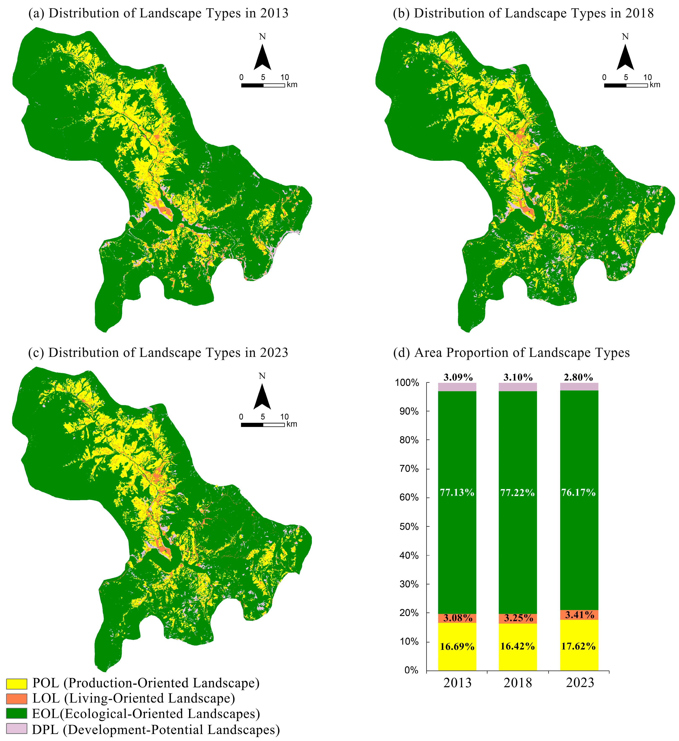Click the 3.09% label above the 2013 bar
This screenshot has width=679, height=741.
[x=458, y=377]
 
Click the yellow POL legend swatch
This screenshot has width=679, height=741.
[x=17, y=684]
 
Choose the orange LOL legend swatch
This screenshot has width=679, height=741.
[x=17, y=699]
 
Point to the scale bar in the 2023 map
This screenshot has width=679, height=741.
[x=263, y=424]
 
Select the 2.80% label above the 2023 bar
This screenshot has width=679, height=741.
[x=578, y=377]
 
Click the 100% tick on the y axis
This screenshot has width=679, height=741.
[x=407, y=383]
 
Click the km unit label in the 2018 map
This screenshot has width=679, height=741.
[x=655, y=85]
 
